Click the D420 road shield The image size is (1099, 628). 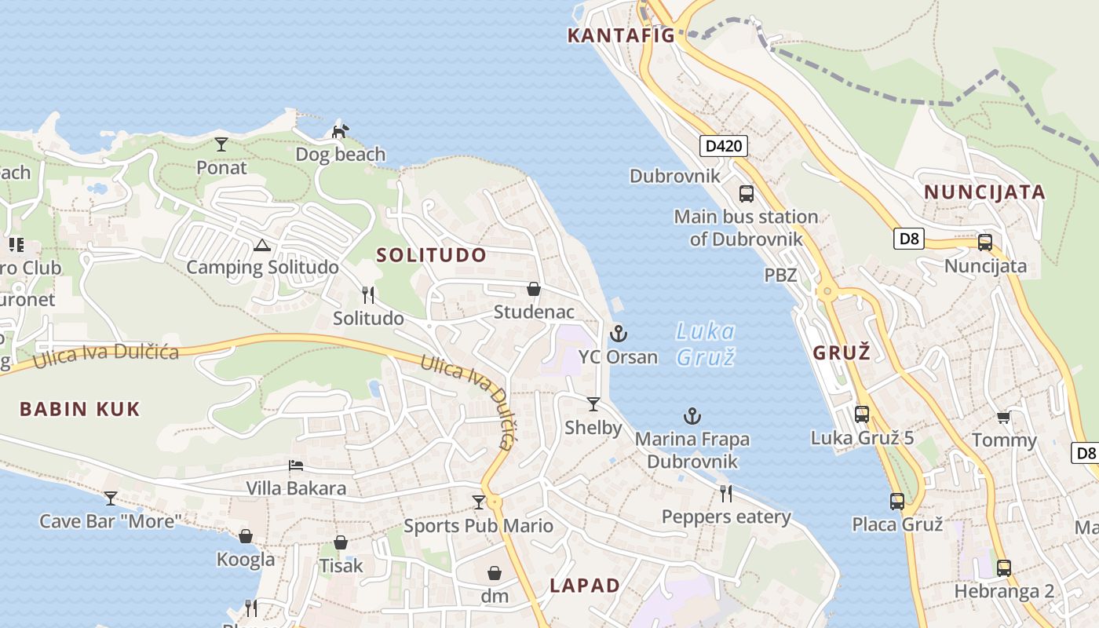[724, 145]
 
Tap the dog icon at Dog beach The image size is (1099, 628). [340, 131]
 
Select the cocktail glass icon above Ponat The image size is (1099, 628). [221, 144]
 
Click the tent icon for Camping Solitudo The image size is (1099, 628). [261, 245]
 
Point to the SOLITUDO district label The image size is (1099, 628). [431, 255]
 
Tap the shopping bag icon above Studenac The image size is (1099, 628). [534, 289]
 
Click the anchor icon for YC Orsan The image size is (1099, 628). [619, 334]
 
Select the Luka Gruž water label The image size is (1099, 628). [706, 344]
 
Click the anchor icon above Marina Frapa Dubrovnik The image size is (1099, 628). [692, 415]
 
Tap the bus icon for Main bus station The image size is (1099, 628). [746, 193]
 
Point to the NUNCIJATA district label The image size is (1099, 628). [984, 192]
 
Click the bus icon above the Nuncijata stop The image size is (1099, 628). [985, 242]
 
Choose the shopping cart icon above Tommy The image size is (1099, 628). [1004, 417]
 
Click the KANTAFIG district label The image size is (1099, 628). [621, 35]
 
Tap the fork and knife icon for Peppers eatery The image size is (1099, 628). [726, 493]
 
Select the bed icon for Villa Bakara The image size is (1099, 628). [296, 466]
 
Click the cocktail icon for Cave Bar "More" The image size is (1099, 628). [111, 498]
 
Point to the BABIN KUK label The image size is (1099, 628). [79, 409]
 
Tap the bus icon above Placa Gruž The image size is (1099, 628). [897, 501]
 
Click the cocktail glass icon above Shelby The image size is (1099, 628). [593, 404]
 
